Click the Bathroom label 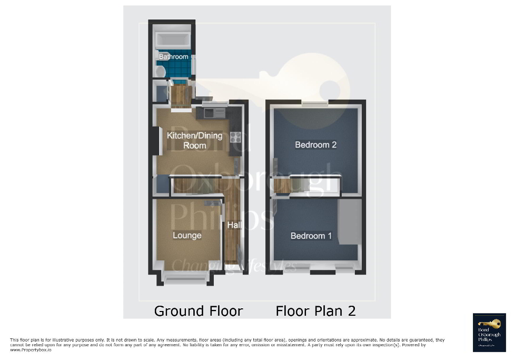173,56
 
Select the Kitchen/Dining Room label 194,140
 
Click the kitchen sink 212,112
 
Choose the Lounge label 187,235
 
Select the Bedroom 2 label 315,144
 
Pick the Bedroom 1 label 311,236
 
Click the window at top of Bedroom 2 315,103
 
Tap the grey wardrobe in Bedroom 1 348,221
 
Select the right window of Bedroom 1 346,268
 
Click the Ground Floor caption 199,311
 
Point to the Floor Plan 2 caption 315,311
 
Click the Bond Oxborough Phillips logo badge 489,332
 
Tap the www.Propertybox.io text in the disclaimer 31,350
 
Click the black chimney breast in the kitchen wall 154,140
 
